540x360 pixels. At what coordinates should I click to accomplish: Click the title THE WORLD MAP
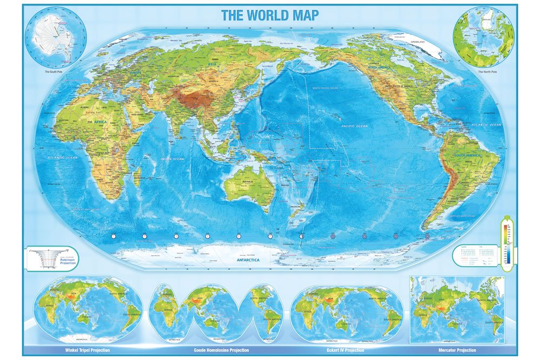tap(269, 15)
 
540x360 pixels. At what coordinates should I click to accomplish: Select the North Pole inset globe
tap(484, 36)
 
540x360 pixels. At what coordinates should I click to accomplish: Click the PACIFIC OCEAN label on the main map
tap(354, 126)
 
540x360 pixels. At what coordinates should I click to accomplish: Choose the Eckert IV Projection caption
tap(346, 350)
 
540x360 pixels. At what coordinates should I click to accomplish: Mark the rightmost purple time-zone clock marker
tap(427, 236)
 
